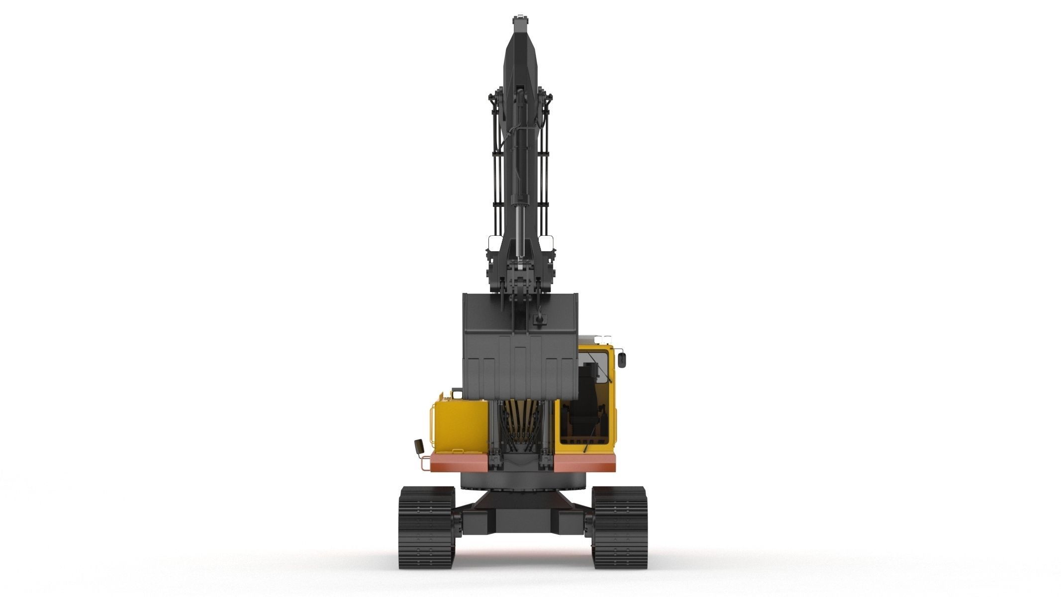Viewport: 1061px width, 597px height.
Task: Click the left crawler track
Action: pyautogui.click(x=426, y=527)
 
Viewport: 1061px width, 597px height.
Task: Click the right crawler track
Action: pyautogui.click(x=619, y=527)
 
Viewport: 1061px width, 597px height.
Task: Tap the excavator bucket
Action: pyautogui.click(x=519, y=348)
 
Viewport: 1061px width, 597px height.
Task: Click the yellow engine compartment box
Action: pyautogui.click(x=460, y=423)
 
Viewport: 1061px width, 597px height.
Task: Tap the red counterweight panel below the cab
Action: pyautogui.click(x=584, y=463)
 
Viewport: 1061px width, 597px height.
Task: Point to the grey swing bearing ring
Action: pyautogui.click(x=522, y=480)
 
